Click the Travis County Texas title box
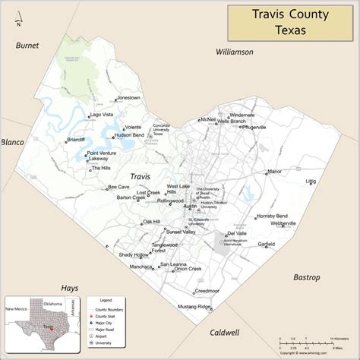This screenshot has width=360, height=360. click(x=292, y=22)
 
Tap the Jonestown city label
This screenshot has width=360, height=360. click(x=129, y=97)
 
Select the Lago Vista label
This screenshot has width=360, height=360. click(x=102, y=115)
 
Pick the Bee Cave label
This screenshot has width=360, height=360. click(x=118, y=187)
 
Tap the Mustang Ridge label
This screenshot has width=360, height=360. click(x=194, y=306)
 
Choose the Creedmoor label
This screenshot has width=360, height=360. click(x=207, y=291)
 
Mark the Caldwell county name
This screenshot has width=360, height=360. click(x=224, y=333)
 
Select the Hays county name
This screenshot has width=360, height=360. click(x=70, y=289)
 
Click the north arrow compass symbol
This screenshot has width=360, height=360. click(x=16, y=18)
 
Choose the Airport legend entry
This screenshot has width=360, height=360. click(x=106, y=336)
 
